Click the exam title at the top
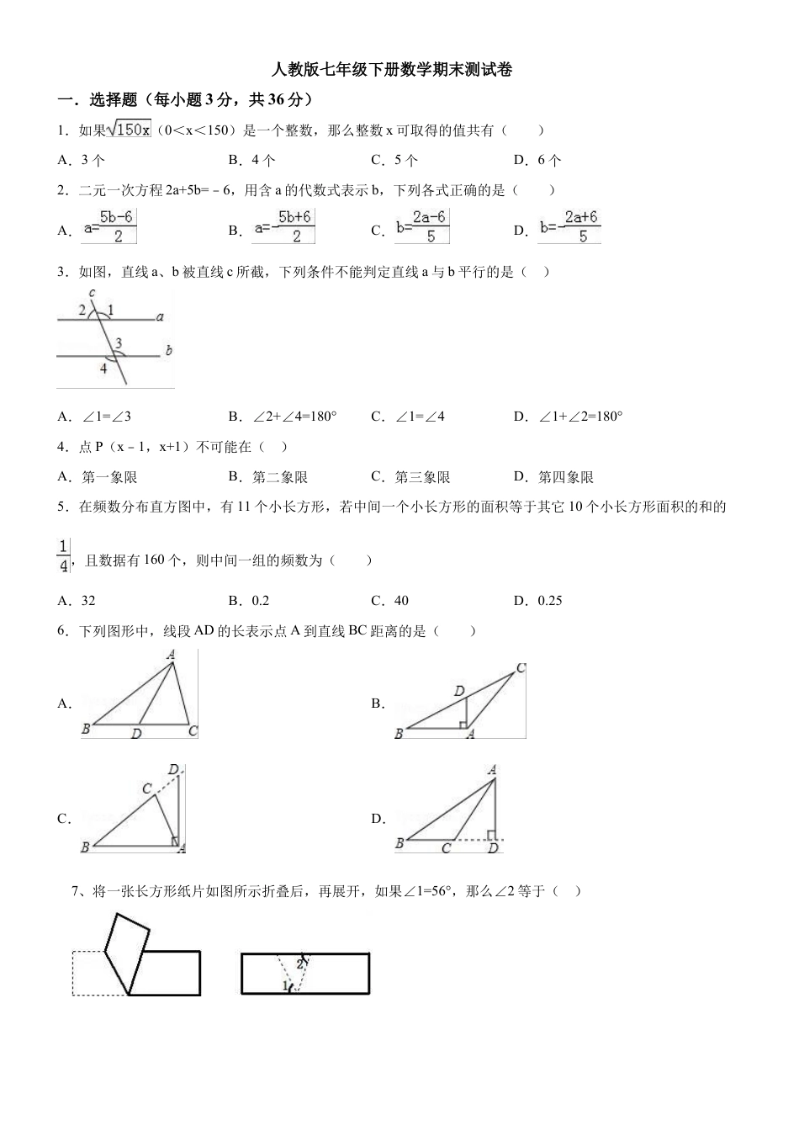(x=393, y=70)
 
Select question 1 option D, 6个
(x=537, y=160)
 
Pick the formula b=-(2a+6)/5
(x=569, y=227)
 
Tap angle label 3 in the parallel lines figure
(x=119, y=342)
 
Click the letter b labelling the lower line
(x=168, y=350)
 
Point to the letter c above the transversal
(x=92, y=293)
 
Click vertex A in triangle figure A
(x=171, y=654)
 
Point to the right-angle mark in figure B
(x=463, y=723)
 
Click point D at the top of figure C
(x=173, y=769)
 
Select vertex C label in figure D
(x=446, y=848)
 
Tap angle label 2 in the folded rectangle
(x=299, y=964)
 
